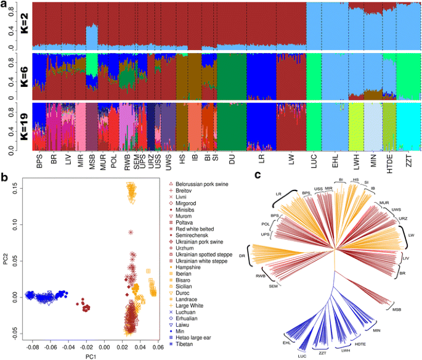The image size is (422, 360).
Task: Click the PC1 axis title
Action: pyautogui.click(x=91, y=356)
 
